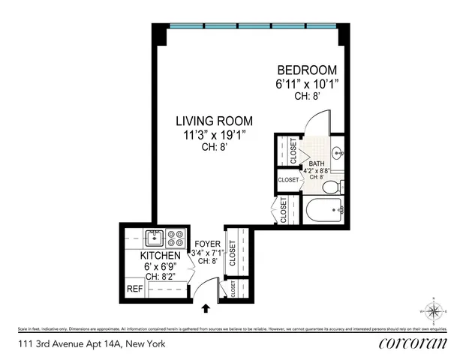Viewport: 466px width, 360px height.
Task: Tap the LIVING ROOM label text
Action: (x=214, y=121)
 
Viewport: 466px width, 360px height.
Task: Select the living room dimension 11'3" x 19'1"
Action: (x=214, y=135)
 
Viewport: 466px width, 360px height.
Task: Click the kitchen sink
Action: (x=156, y=238)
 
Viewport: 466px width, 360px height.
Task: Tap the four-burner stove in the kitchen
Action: (x=176, y=238)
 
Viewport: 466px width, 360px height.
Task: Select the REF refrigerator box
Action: (x=134, y=289)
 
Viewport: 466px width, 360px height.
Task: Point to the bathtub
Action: (x=323, y=211)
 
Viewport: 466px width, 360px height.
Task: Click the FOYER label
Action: (x=206, y=243)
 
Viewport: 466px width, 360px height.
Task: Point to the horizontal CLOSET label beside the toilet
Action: (x=289, y=180)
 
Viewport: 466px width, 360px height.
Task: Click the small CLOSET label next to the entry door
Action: (x=233, y=289)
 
